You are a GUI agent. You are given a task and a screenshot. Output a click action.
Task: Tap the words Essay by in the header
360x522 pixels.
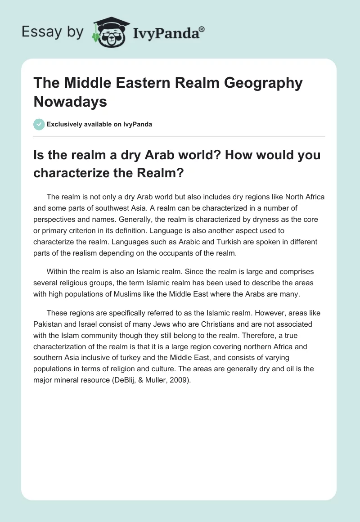point(52,32)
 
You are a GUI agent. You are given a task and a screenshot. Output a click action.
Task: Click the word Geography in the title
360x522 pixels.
point(263,84)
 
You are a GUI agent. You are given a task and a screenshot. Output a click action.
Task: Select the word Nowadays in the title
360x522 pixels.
point(71,101)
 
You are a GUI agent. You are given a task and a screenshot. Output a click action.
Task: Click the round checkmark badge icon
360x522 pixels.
point(39,124)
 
